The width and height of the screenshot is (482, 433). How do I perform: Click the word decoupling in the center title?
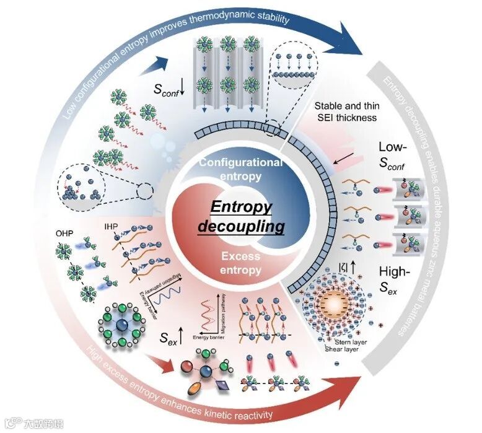pyautogui.click(x=240, y=226)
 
